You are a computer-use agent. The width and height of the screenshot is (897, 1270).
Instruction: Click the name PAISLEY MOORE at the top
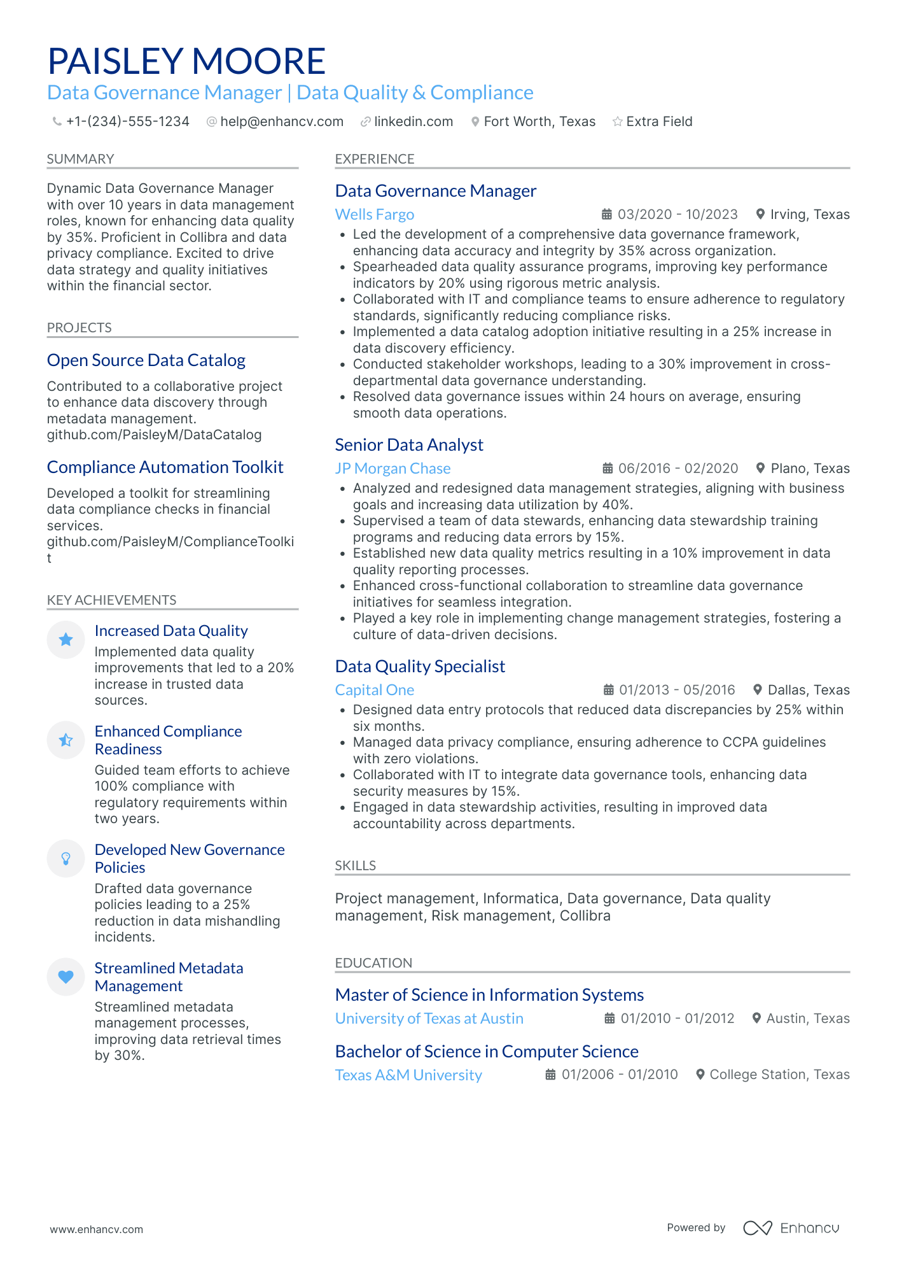click(186, 61)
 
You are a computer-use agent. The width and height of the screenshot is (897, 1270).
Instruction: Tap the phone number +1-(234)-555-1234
click(127, 122)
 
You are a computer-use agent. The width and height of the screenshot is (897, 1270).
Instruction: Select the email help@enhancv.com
click(281, 122)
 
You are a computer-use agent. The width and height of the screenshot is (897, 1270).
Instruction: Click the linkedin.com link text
click(413, 122)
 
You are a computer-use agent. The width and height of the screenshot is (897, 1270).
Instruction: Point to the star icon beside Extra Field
click(617, 122)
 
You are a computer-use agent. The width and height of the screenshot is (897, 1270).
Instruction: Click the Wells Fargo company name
click(374, 215)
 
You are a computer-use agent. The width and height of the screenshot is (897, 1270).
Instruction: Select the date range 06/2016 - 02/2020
click(678, 469)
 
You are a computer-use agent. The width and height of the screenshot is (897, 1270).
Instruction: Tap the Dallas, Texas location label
click(808, 690)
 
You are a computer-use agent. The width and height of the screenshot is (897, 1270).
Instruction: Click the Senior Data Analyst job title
click(408, 445)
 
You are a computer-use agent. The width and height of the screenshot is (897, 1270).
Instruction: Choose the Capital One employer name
click(374, 690)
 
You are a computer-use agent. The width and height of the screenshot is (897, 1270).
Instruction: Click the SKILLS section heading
click(355, 866)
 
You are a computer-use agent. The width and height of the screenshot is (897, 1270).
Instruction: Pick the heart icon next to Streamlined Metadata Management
click(66, 977)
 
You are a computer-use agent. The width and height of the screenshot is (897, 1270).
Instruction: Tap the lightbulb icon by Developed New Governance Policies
click(66, 858)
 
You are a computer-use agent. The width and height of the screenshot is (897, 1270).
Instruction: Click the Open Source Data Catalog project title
click(146, 360)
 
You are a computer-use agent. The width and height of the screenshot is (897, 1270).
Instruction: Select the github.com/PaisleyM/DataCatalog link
click(154, 435)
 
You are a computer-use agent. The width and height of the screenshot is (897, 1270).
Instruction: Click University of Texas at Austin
click(429, 1019)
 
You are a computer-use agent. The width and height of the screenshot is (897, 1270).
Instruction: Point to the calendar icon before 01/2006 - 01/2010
click(550, 1075)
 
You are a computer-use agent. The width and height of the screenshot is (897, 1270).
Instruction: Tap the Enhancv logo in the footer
click(791, 1228)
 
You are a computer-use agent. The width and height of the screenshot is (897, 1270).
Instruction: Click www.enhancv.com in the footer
click(97, 1229)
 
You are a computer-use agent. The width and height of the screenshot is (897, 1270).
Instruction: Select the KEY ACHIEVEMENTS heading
click(111, 600)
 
